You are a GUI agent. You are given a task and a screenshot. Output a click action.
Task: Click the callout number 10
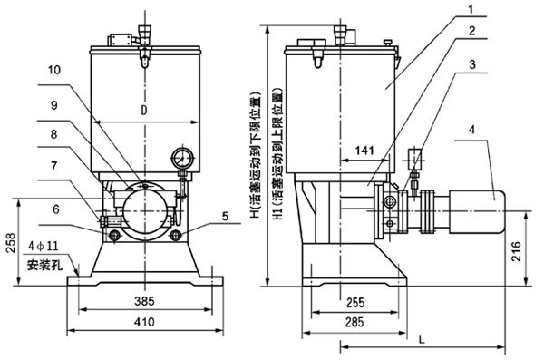point(54,70)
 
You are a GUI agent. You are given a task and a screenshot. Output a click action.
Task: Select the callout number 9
point(54,105)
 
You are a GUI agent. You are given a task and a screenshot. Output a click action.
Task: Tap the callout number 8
point(53,134)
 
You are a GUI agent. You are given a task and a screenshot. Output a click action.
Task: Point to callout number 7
point(54,166)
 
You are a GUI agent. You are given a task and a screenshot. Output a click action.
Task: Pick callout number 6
point(56,209)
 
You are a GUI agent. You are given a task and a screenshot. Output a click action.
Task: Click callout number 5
point(225,217)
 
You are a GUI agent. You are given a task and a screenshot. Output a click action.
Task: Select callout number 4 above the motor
point(471,130)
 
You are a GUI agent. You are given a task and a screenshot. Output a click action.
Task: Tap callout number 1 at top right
point(471,9)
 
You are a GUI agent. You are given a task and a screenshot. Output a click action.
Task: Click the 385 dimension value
point(144,301)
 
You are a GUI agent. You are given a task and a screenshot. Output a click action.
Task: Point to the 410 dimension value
point(144,322)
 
